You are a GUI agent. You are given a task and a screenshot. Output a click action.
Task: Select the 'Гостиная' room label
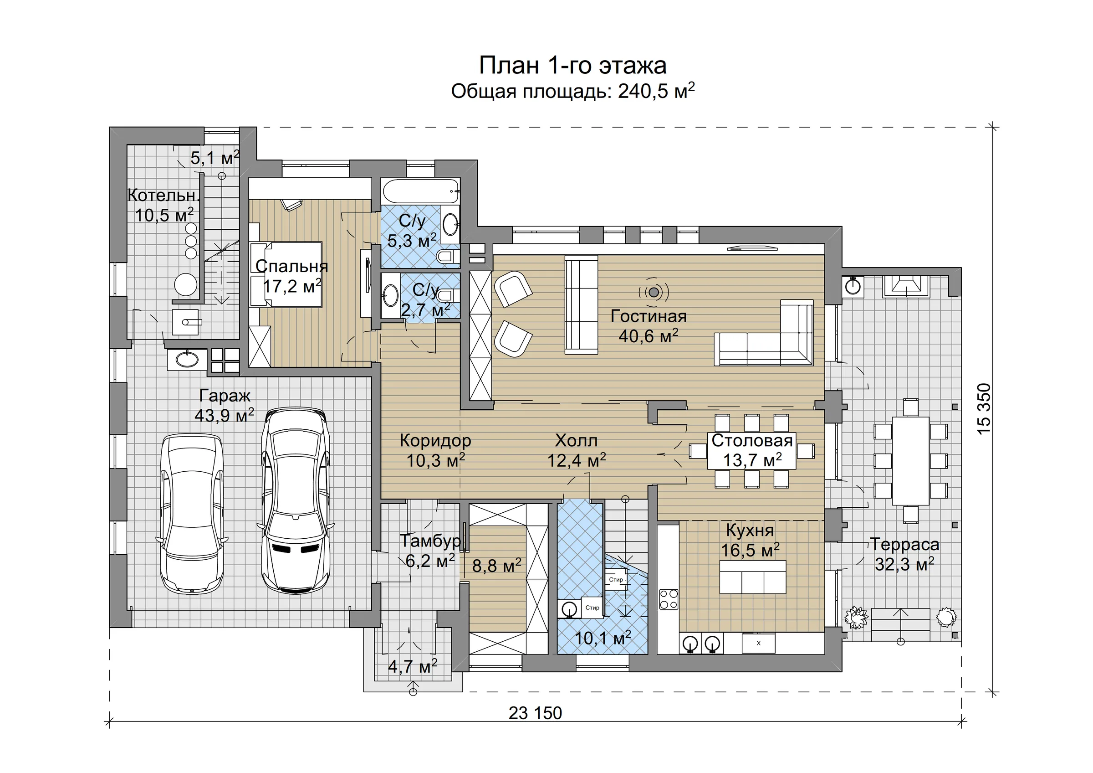click(x=649, y=316)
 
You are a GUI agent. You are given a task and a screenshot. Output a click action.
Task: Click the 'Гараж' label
click(x=224, y=396)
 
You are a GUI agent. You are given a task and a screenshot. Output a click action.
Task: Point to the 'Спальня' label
click(x=292, y=266)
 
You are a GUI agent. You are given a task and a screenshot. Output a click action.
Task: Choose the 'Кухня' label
click(x=750, y=530)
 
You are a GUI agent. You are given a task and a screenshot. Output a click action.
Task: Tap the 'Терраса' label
click(x=904, y=544)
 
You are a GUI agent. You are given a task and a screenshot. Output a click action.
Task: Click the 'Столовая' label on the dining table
click(x=752, y=441)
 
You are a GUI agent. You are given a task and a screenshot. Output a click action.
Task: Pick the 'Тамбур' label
click(x=430, y=541)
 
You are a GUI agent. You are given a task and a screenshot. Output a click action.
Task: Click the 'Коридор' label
click(x=435, y=441)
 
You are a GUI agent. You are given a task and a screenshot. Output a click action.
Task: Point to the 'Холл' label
click(x=576, y=441)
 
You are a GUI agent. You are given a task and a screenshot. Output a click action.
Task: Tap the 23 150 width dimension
click(x=535, y=713)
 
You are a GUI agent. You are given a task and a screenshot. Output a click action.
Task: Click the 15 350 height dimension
click(x=984, y=409)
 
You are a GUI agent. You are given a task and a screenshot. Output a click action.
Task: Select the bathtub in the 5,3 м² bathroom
click(x=421, y=191)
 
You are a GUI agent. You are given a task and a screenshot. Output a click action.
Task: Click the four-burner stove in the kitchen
click(x=669, y=599)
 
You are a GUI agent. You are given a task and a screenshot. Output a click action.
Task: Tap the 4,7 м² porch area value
click(x=412, y=666)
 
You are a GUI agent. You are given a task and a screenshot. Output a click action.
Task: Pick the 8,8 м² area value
click(x=496, y=565)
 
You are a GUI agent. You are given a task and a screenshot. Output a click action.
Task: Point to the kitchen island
click(x=752, y=577)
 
